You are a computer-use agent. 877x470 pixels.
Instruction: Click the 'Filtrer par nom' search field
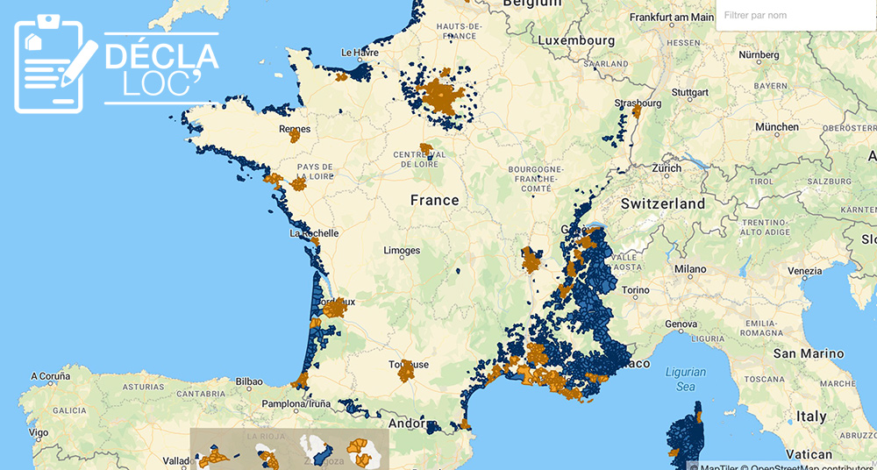[794, 16]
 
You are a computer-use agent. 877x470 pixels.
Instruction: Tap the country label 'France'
[434, 200]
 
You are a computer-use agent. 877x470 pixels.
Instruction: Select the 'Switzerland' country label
[662, 203]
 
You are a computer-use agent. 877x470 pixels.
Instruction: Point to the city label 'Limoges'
[402, 251]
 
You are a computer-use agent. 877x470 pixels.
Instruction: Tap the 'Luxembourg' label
[576, 40]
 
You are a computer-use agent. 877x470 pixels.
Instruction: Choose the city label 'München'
[776, 127]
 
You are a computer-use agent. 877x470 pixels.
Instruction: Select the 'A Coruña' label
[50, 376]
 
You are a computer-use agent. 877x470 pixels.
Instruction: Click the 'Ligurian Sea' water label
[685, 379]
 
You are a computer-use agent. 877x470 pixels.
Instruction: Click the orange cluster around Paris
[443, 96]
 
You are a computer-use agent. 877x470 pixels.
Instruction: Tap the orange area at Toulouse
[406, 372]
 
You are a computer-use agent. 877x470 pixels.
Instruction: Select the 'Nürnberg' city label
[759, 54]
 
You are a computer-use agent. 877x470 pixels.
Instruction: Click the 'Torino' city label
[636, 290]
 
